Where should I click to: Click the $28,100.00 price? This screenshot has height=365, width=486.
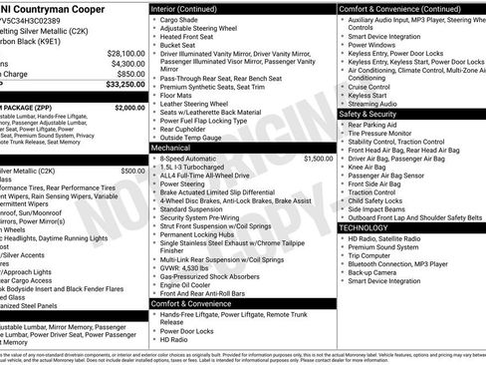(x=124, y=52)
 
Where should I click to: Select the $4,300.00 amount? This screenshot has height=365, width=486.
(x=126, y=63)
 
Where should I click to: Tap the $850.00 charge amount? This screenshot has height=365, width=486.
(x=129, y=74)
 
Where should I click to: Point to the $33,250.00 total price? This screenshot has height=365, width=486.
(x=122, y=86)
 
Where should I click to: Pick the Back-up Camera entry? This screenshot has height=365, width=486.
(x=375, y=272)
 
